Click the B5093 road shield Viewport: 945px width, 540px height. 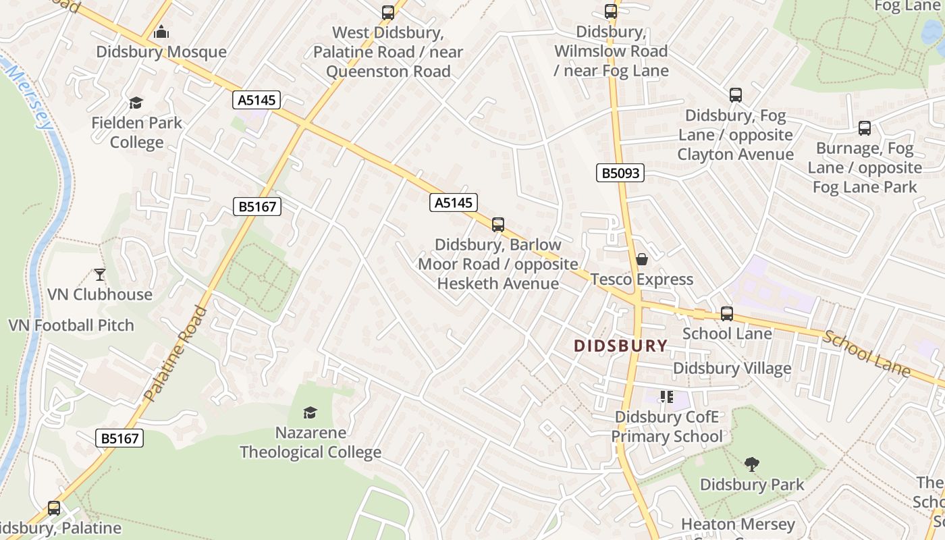coord(620,173)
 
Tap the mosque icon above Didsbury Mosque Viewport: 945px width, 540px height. coord(161,32)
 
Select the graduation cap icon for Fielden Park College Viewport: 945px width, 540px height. coord(136,103)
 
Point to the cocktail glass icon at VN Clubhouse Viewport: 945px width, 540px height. coord(100,274)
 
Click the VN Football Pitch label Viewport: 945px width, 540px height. coord(71,325)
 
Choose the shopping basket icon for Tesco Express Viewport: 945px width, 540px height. coord(642,259)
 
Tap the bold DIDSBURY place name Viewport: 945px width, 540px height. coord(620,346)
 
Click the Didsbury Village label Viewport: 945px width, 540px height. coord(732,369)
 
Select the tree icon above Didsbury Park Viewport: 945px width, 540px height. coord(751,464)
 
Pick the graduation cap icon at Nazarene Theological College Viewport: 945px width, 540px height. coord(310,412)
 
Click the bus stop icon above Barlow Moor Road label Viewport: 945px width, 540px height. coord(498,225)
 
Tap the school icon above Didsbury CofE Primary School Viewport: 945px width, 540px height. coord(667,397)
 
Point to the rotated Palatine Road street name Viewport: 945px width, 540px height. coord(175,353)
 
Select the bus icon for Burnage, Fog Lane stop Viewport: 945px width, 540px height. coord(865,128)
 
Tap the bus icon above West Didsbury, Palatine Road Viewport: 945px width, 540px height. coord(388,12)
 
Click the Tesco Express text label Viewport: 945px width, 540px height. coord(642,279)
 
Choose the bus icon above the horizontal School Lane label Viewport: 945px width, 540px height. coord(727,313)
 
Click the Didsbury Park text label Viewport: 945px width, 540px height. coord(752,485)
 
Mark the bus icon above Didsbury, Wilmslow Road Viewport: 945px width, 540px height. coord(611,11)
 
